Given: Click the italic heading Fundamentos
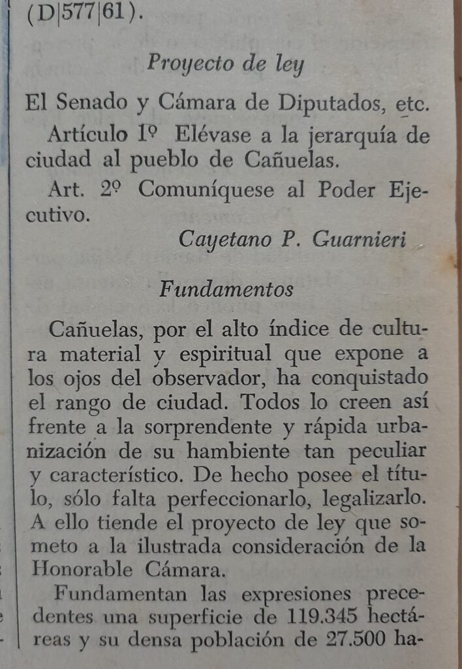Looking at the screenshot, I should pyautogui.click(x=226, y=288).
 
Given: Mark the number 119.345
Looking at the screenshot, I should pyautogui.click(x=311, y=617).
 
